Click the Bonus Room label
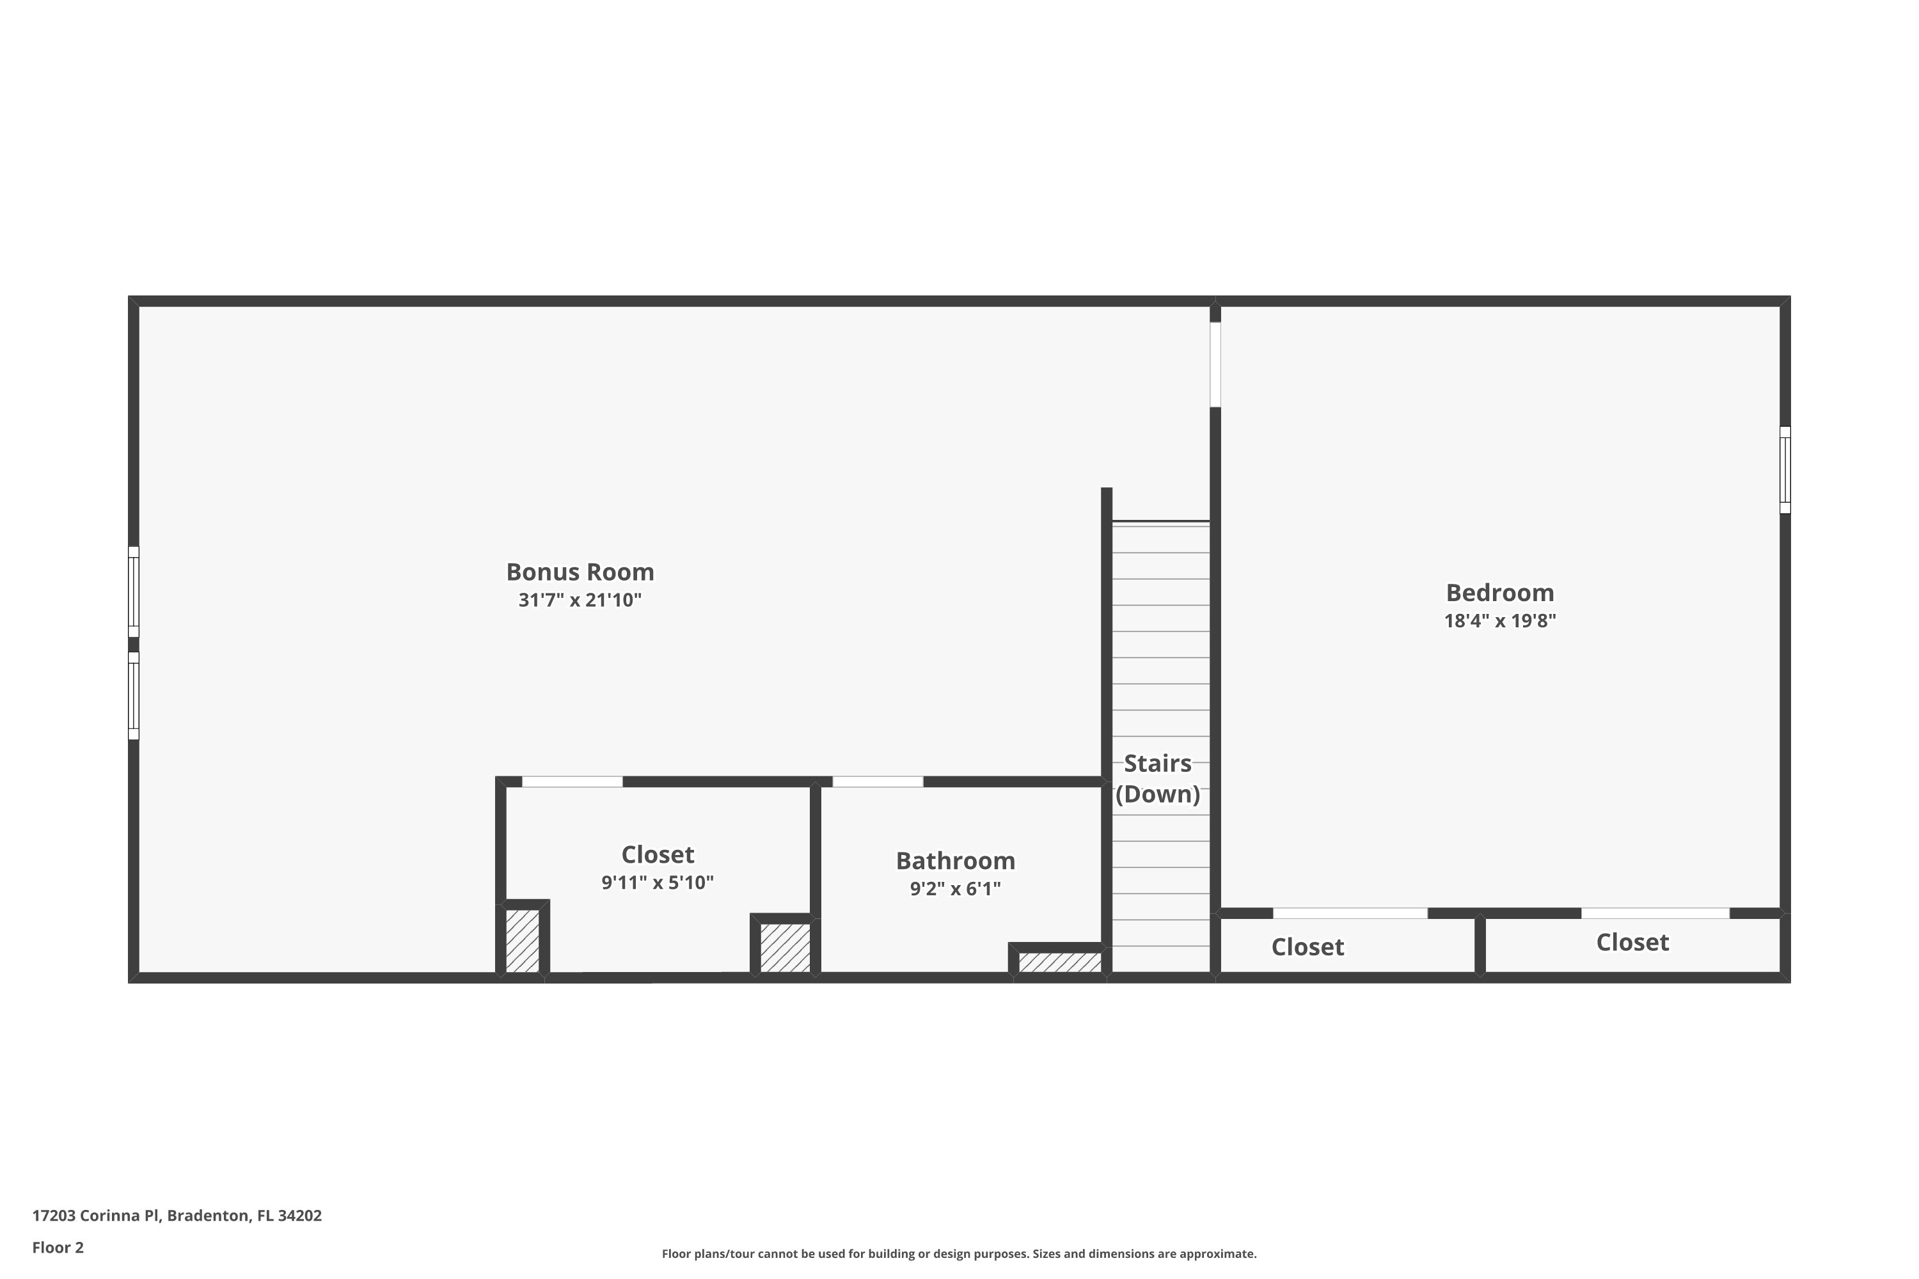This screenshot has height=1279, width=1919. (580, 572)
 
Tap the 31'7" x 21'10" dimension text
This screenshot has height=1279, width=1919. (580, 600)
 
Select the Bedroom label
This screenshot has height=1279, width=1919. (1499, 592)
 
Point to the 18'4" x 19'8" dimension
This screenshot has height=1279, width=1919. (1499, 621)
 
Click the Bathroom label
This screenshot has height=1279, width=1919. (956, 861)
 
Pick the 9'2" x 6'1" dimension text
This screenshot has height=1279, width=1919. (956, 889)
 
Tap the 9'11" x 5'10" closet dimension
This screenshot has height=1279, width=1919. (658, 883)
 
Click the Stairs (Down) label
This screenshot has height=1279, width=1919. (1158, 778)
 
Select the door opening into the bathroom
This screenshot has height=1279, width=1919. (878, 781)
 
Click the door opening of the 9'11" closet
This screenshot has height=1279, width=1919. (572, 781)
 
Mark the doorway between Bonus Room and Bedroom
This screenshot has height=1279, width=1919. (1215, 365)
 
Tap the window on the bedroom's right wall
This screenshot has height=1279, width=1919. (1785, 470)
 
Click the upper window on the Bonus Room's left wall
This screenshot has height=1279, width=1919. (134, 592)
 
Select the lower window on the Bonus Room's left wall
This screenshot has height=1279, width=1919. (134, 696)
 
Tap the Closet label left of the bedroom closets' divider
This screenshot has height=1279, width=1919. (1307, 947)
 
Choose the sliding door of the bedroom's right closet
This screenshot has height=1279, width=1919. (1655, 913)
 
